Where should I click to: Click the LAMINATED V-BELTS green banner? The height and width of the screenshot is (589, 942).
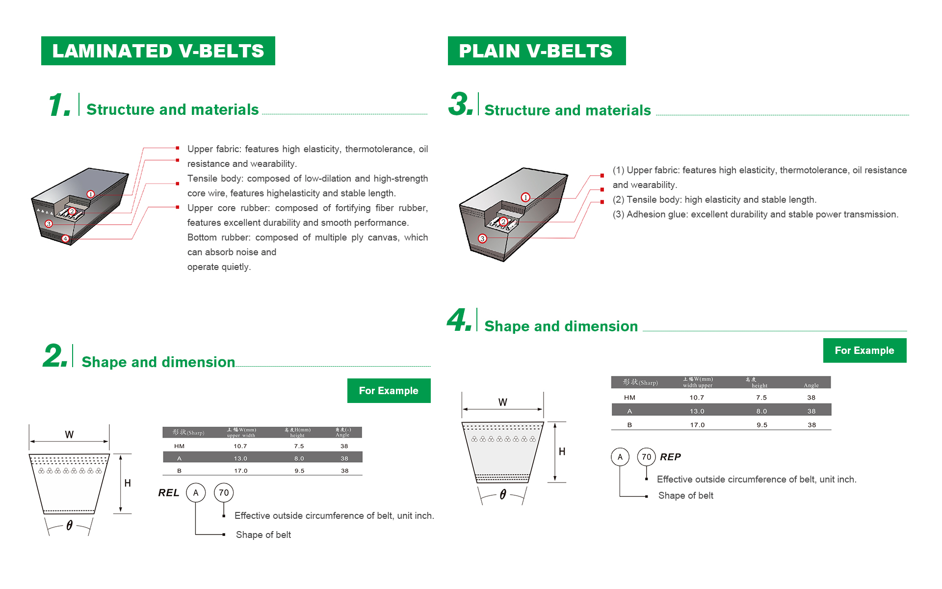[158, 51]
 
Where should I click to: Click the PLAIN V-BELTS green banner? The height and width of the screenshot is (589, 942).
[536, 51]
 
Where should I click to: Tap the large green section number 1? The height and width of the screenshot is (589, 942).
[59, 105]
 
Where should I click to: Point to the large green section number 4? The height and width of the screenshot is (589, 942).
[459, 320]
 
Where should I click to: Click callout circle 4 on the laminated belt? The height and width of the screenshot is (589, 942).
[65, 239]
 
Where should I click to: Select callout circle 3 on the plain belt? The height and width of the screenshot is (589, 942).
[482, 239]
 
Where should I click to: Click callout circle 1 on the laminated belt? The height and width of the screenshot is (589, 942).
[91, 194]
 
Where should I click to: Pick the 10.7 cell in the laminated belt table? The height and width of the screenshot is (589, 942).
[240, 446]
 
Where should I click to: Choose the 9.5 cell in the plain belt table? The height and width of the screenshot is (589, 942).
[761, 425]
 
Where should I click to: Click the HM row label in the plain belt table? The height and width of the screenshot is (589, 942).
[629, 398]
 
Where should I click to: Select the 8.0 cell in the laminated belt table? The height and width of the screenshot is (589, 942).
[299, 458]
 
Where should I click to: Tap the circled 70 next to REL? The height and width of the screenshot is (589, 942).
[224, 493]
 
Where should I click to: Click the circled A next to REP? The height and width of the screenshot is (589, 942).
[620, 457]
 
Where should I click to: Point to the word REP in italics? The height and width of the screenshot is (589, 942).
[670, 457]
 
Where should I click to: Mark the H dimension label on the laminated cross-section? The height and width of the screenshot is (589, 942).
[128, 483]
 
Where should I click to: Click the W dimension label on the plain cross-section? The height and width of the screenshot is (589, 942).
[503, 402]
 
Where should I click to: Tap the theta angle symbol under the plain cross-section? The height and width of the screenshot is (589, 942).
[503, 495]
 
